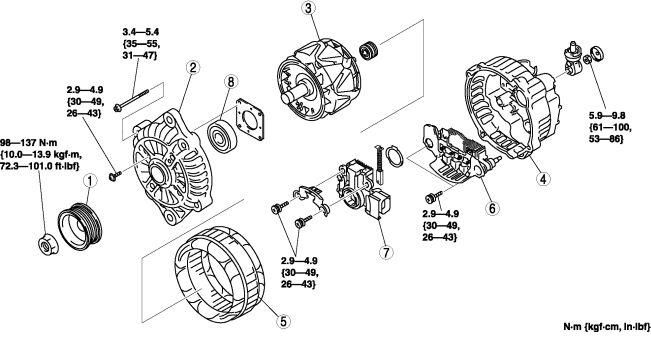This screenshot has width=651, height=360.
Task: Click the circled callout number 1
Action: click(x=90, y=181)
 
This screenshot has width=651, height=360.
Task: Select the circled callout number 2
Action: click(x=193, y=67)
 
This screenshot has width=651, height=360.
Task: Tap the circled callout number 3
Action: click(x=309, y=9)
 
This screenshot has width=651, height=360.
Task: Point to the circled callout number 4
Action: click(x=543, y=179)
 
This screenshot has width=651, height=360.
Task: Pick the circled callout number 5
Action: click(x=283, y=321)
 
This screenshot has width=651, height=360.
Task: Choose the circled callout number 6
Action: click(x=492, y=208)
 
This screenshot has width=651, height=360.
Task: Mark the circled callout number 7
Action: click(x=386, y=252)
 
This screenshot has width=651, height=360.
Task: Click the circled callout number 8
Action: click(x=231, y=82)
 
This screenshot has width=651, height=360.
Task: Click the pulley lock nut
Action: click(x=48, y=245)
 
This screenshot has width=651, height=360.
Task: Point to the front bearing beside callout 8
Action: click(x=222, y=136)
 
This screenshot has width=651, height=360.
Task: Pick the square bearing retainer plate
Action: click(x=250, y=120)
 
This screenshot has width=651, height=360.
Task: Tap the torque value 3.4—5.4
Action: click(x=141, y=32)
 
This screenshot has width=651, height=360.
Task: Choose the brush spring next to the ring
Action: click(x=379, y=164)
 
